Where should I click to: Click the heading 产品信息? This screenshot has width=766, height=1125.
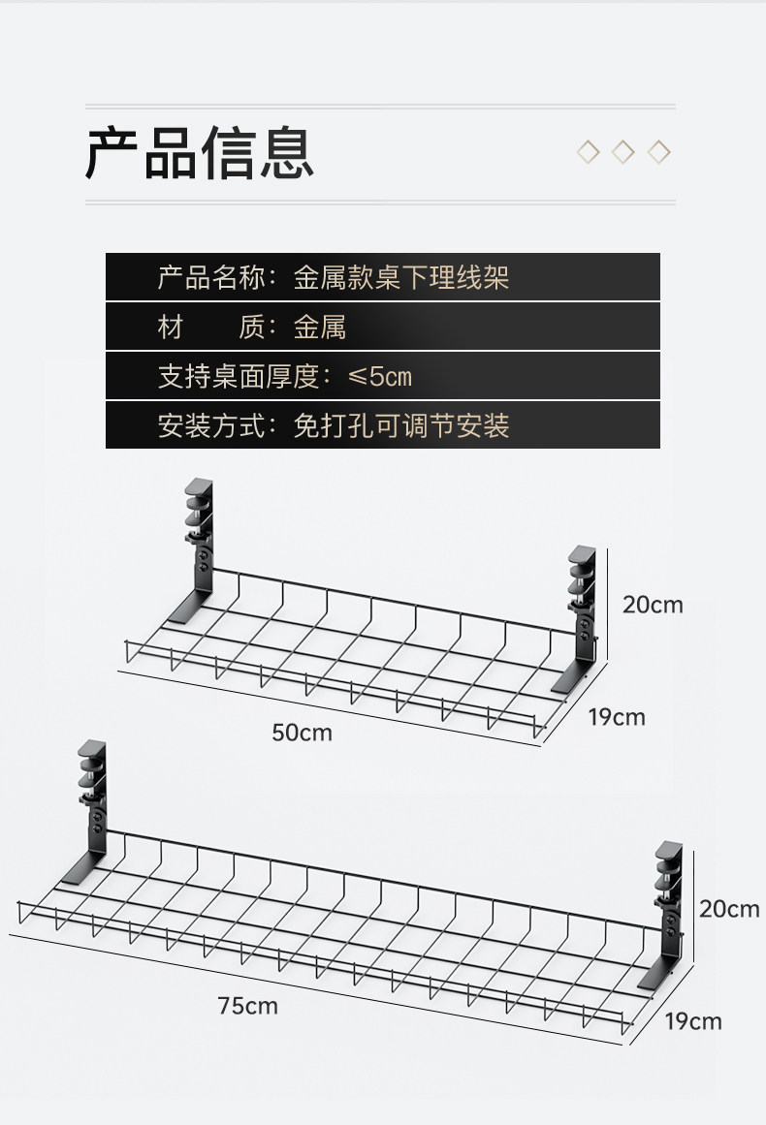(200, 153)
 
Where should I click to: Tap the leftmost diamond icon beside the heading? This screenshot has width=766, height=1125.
(588, 152)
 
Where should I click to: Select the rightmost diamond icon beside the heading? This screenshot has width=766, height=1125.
(659, 152)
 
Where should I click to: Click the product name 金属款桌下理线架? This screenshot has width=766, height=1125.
(401, 279)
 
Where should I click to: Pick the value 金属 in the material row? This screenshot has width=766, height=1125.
(320, 328)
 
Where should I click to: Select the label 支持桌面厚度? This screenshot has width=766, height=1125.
(239, 376)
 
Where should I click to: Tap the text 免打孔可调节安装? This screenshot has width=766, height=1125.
(401, 425)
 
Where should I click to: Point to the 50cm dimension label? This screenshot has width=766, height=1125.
(302, 733)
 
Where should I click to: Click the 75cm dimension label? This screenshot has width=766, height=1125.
(247, 1006)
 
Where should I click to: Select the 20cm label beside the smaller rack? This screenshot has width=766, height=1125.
(653, 605)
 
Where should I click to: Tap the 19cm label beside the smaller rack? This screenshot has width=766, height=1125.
(616, 717)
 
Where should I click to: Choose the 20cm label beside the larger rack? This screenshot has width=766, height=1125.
(729, 909)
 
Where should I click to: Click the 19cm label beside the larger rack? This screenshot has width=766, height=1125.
(693, 1021)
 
